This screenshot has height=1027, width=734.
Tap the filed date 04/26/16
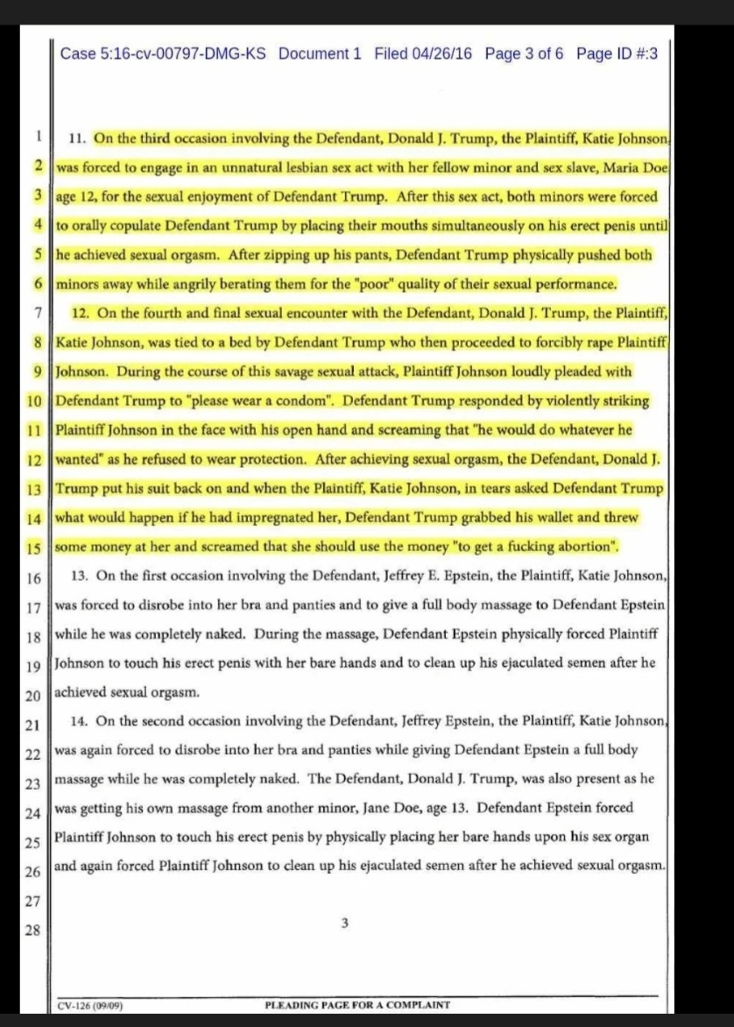click(435, 53)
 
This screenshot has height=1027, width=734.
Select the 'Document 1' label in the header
click(320, 53)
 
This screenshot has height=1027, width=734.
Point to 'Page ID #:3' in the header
click(618, 53)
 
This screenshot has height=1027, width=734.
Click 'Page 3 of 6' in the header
click(524, 53)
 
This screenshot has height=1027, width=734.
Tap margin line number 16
click(34, 578)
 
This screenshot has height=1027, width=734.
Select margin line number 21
click(34, 726)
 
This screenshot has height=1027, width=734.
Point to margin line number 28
click(34, 931)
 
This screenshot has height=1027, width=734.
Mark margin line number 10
click(34, 402)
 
